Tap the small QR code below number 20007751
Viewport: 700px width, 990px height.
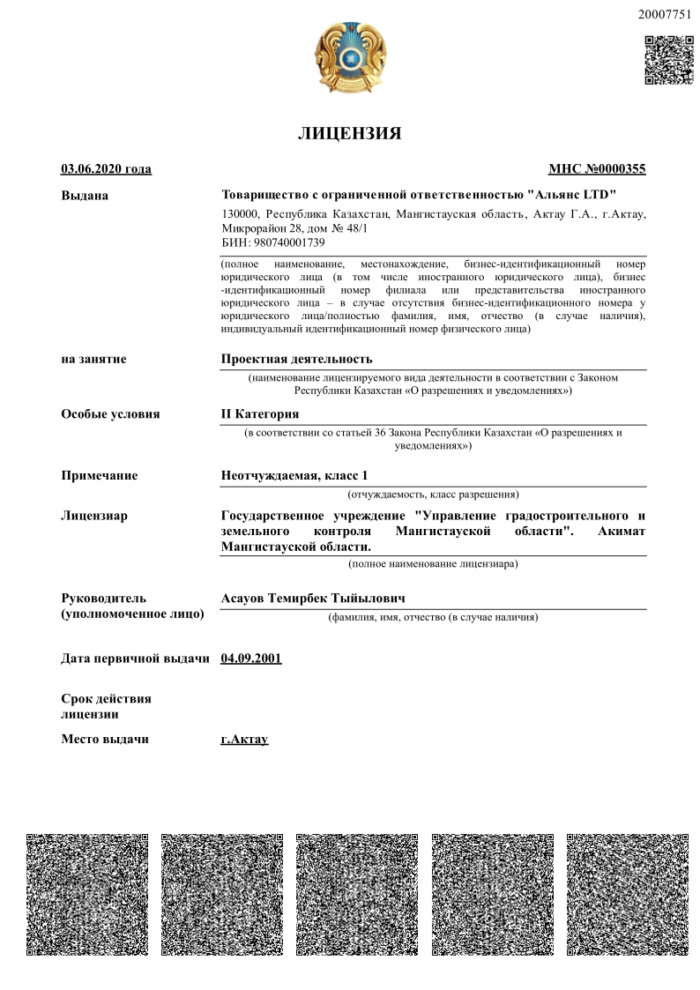669,59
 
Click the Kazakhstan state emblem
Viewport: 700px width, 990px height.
350,59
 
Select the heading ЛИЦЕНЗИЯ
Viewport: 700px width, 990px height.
350,134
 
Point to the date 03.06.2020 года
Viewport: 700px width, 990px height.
106,169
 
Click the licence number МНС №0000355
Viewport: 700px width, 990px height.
597,169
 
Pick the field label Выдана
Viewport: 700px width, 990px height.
85,195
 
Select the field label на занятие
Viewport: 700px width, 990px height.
93,359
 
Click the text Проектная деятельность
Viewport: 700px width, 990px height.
296,359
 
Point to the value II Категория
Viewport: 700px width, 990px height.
259,413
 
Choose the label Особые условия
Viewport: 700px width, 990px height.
110,413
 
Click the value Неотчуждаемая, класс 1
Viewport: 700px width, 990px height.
294,476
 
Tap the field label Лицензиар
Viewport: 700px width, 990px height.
94,516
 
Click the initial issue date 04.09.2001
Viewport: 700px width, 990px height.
251,658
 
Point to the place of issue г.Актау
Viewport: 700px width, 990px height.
244,739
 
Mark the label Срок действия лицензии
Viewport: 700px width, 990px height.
106,706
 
